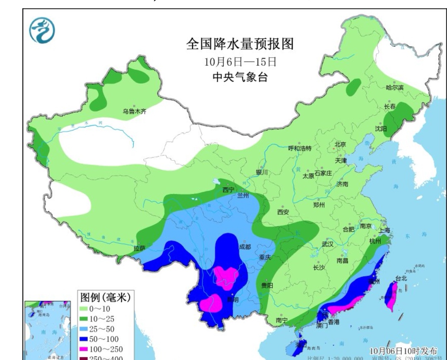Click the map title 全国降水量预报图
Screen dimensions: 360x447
click(x=240, y=43)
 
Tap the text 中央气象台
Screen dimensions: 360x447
click(x=240, y=77)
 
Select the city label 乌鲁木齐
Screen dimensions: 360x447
click(x=134, y=111)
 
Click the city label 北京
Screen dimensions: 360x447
click(x=340, y=144)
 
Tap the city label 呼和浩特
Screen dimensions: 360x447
click(x=300, y=148)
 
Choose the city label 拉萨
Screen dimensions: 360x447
click(x=139, y=248)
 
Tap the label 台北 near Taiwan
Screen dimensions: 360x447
click(x=401, y=278)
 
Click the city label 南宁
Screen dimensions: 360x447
click(x=281, y=320)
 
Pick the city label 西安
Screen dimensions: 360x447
click(x=283, y=212)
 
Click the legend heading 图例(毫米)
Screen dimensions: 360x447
click(x=105, y=297)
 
